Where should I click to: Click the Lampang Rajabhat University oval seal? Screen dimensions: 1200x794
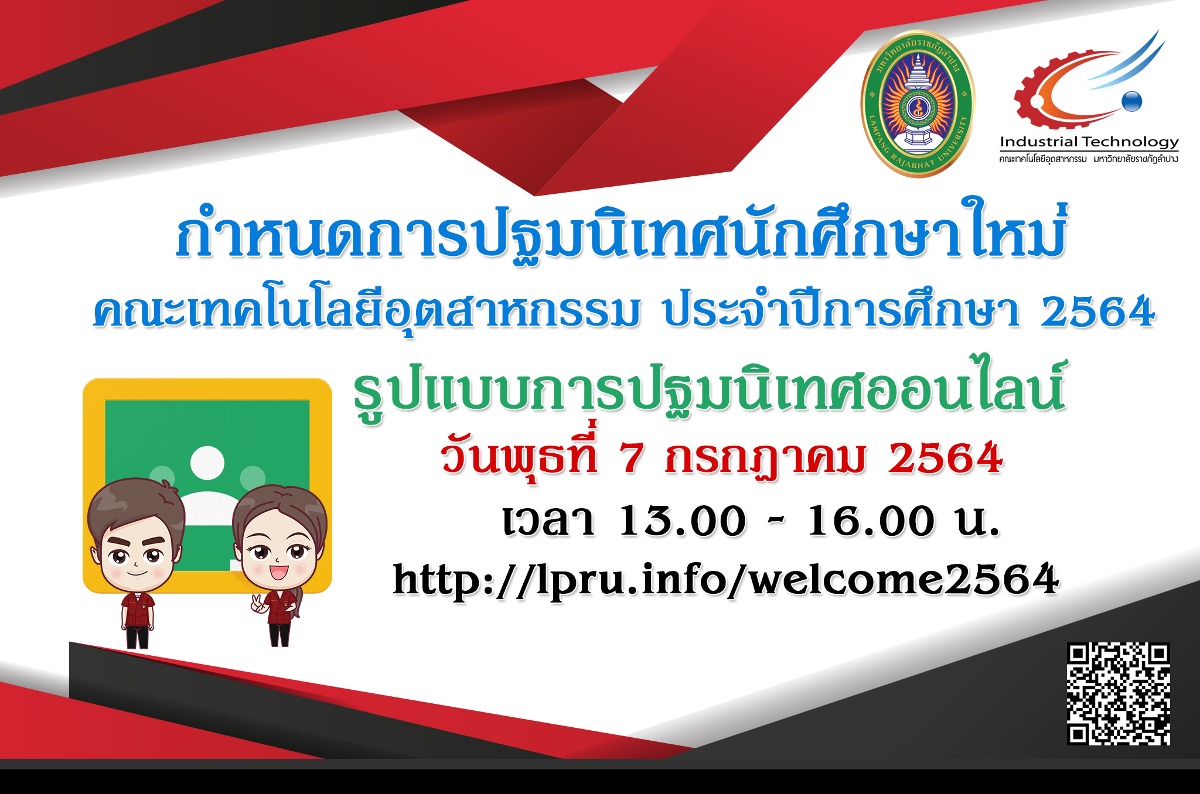click(917, 104)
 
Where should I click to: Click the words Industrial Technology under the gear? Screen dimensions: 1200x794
click(1089, 142)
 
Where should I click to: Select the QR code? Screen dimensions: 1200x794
click(1118, 694)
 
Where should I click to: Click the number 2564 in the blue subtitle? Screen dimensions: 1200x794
click(1097, 312)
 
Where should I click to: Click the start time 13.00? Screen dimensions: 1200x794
click(683, 521)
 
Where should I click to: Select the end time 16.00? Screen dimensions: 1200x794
click(871, 521)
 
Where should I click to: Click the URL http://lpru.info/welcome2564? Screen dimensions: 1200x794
click(726, 580)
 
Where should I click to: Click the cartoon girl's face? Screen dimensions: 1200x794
click(279, 553)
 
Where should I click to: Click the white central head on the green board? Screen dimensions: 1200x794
click(207, 463)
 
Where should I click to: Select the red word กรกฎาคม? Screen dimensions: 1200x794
click(765, 460)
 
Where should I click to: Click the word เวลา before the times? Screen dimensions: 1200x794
click(548, 521)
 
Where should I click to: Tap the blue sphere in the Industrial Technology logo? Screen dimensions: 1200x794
click(1132, 101)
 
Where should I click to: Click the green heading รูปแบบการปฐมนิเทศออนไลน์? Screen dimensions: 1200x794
click(709, 389)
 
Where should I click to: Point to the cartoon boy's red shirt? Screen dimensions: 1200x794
click(138, 610)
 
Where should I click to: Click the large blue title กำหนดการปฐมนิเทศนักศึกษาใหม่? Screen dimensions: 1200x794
click(621, 231)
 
